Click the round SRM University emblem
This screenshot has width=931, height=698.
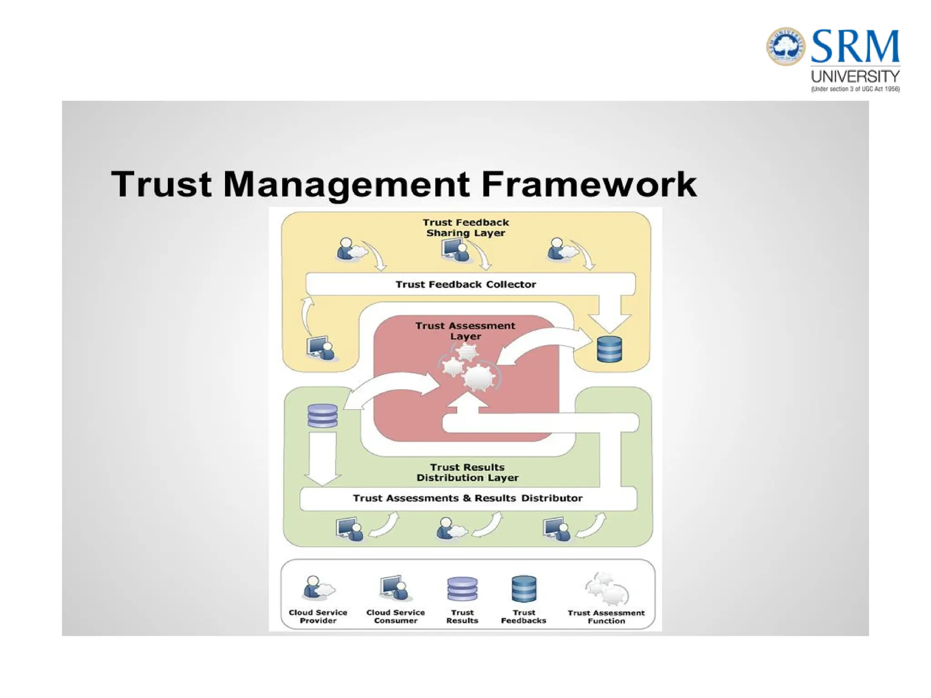click(786, 46)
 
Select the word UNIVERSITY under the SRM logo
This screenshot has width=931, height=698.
click(855, 76)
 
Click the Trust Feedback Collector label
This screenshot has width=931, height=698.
click(465, 284)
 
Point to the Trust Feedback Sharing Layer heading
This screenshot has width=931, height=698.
click(465, 228)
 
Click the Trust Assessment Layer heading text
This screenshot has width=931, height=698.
click(465, 331)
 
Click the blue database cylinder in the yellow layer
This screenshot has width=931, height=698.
click(609, 349)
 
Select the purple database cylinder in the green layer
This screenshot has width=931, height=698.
click(322, 415)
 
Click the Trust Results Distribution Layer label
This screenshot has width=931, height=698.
click(467, 472)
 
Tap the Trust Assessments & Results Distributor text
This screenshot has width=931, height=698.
click(467, 498)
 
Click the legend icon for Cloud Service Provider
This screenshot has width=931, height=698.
click(318, 588)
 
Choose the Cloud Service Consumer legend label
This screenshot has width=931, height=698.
click(395, 616)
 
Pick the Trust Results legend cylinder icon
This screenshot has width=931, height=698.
click(462, 589)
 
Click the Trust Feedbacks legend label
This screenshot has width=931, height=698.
click(524, 616)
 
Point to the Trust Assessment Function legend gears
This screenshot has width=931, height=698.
click(606, 589)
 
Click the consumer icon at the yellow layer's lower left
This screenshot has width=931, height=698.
click(321, 348)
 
